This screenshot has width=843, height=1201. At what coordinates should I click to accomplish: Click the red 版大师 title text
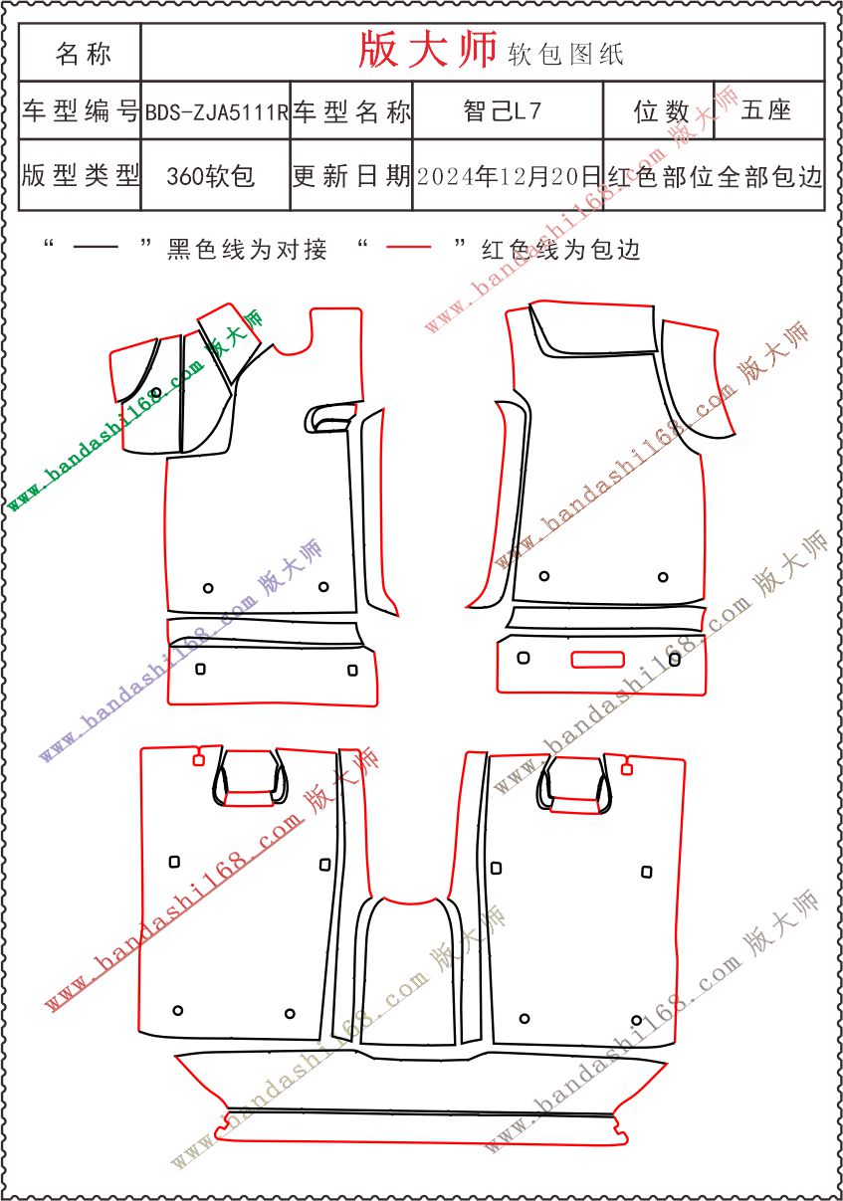pos(427,50)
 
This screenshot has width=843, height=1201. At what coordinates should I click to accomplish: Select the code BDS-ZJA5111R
pos(217,112)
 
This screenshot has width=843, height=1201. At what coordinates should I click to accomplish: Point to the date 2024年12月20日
pos(509,176)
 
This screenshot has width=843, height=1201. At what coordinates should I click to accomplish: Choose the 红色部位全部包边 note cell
pos(715,176)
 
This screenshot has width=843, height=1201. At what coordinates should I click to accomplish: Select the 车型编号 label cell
pos(81,111)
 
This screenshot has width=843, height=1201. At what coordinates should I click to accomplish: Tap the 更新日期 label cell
pos(351,176)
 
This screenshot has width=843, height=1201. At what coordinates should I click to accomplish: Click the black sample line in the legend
pos(96,247)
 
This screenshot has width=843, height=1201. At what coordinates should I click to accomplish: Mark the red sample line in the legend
pos(408,247)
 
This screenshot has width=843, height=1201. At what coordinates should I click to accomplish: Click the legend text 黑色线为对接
pos(247,250)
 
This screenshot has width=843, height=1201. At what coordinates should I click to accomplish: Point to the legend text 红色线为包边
pos(561,250)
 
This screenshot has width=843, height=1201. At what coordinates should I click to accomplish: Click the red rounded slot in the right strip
pos(597,660)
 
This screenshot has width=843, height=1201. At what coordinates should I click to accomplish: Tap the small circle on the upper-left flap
pos(156,392)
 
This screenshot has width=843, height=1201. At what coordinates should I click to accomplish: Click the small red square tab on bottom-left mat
pos(198,760)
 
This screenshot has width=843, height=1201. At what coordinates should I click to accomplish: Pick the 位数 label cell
pos(661,111)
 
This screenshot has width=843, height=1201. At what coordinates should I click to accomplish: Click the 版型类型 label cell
pos(81,175)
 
